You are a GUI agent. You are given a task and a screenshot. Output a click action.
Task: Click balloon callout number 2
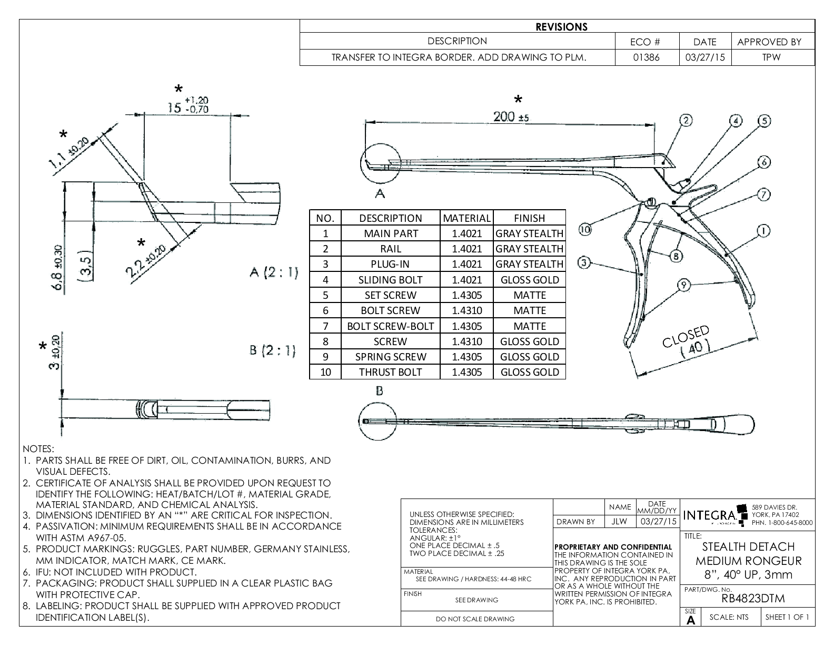click(x=686, y=121)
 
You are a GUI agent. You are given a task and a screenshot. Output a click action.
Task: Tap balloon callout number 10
click(x=585, y=229)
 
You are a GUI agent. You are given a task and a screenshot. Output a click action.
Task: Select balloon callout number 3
click(x=583, y=262)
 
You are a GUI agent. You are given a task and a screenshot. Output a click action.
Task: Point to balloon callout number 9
click(x=683, y=285)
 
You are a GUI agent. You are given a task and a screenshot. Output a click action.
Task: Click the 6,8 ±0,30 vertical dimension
click(x=59, y=268)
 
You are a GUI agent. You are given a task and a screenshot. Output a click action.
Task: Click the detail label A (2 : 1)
click(x=273, y=272)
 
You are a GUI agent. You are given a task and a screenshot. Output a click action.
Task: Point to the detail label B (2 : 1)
click(x=273, y=350)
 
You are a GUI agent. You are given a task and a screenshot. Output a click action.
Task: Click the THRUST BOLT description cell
click(x=390, y=372)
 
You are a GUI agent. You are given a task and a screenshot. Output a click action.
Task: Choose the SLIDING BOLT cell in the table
click(x=390, y=280)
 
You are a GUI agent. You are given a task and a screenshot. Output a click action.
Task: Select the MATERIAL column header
click(x=466, y=218)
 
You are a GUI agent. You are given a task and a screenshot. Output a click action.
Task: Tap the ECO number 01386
click(x=646, y=57)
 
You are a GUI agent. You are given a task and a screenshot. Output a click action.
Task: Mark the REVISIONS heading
click(x=561, y=27)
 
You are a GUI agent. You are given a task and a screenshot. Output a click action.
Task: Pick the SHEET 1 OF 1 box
click(x=787, y=618)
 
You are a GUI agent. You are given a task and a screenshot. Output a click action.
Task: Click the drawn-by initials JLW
click(x=619, y=522)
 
